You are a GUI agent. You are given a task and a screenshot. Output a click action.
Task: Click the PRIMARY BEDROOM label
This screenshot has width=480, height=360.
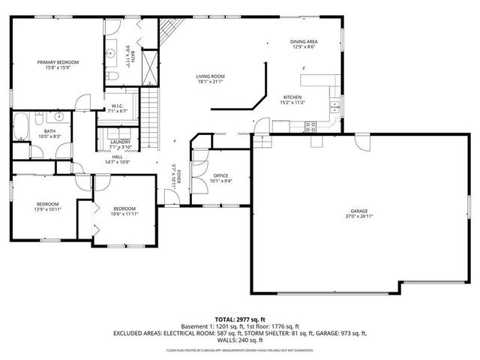(x=58, y=62)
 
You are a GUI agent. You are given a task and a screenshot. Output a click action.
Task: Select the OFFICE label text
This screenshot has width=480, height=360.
(x=220, y=175)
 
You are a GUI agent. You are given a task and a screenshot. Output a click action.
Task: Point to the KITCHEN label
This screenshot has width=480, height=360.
(x=292, y=97)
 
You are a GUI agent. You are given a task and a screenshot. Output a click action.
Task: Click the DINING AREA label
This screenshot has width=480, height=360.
(x=304, y=41)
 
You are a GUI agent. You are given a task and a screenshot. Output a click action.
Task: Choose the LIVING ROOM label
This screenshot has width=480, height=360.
(x=210, y=76)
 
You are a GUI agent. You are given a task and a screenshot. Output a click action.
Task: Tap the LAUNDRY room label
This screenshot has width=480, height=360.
(x=120, y=142)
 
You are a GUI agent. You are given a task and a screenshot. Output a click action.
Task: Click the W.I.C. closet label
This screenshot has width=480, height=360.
(x=118, y=106)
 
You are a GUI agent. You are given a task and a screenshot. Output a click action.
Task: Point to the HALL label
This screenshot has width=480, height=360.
(x=118, y=157)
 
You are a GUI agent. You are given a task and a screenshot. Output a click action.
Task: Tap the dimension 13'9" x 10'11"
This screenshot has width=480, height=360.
(x=48, y=209)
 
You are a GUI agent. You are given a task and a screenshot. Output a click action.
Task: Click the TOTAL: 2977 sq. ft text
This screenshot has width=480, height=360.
(x=239, y=319)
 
